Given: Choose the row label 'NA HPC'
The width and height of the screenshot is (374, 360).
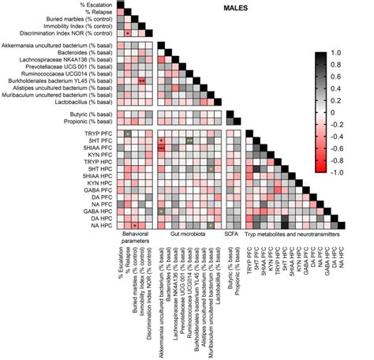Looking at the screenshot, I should (101, 226).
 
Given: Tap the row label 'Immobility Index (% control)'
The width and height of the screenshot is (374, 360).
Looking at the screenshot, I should (77, 25).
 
